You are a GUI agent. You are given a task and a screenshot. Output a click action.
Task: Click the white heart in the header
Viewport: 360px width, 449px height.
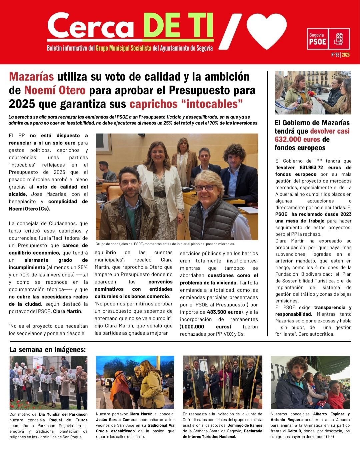click(267, 31)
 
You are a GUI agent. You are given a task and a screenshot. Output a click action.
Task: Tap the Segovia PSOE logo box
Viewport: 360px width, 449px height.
click(328, 39)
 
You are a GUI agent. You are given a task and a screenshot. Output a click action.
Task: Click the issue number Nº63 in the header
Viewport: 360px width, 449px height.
click(335, 55)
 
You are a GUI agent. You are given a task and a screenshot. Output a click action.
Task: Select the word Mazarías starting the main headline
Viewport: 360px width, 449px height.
click(31, 77)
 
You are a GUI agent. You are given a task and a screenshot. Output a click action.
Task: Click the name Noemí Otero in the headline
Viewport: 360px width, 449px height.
click(55, 90)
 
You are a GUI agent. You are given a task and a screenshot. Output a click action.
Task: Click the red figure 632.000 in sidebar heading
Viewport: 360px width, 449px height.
click(293, 140)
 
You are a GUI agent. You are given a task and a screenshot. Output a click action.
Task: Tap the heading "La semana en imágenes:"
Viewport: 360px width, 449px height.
click(48, 350)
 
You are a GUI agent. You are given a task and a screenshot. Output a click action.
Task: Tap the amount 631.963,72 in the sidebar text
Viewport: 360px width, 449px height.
click(312, 168)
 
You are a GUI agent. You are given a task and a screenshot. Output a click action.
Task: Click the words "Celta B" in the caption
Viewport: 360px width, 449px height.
click(295, 431)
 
